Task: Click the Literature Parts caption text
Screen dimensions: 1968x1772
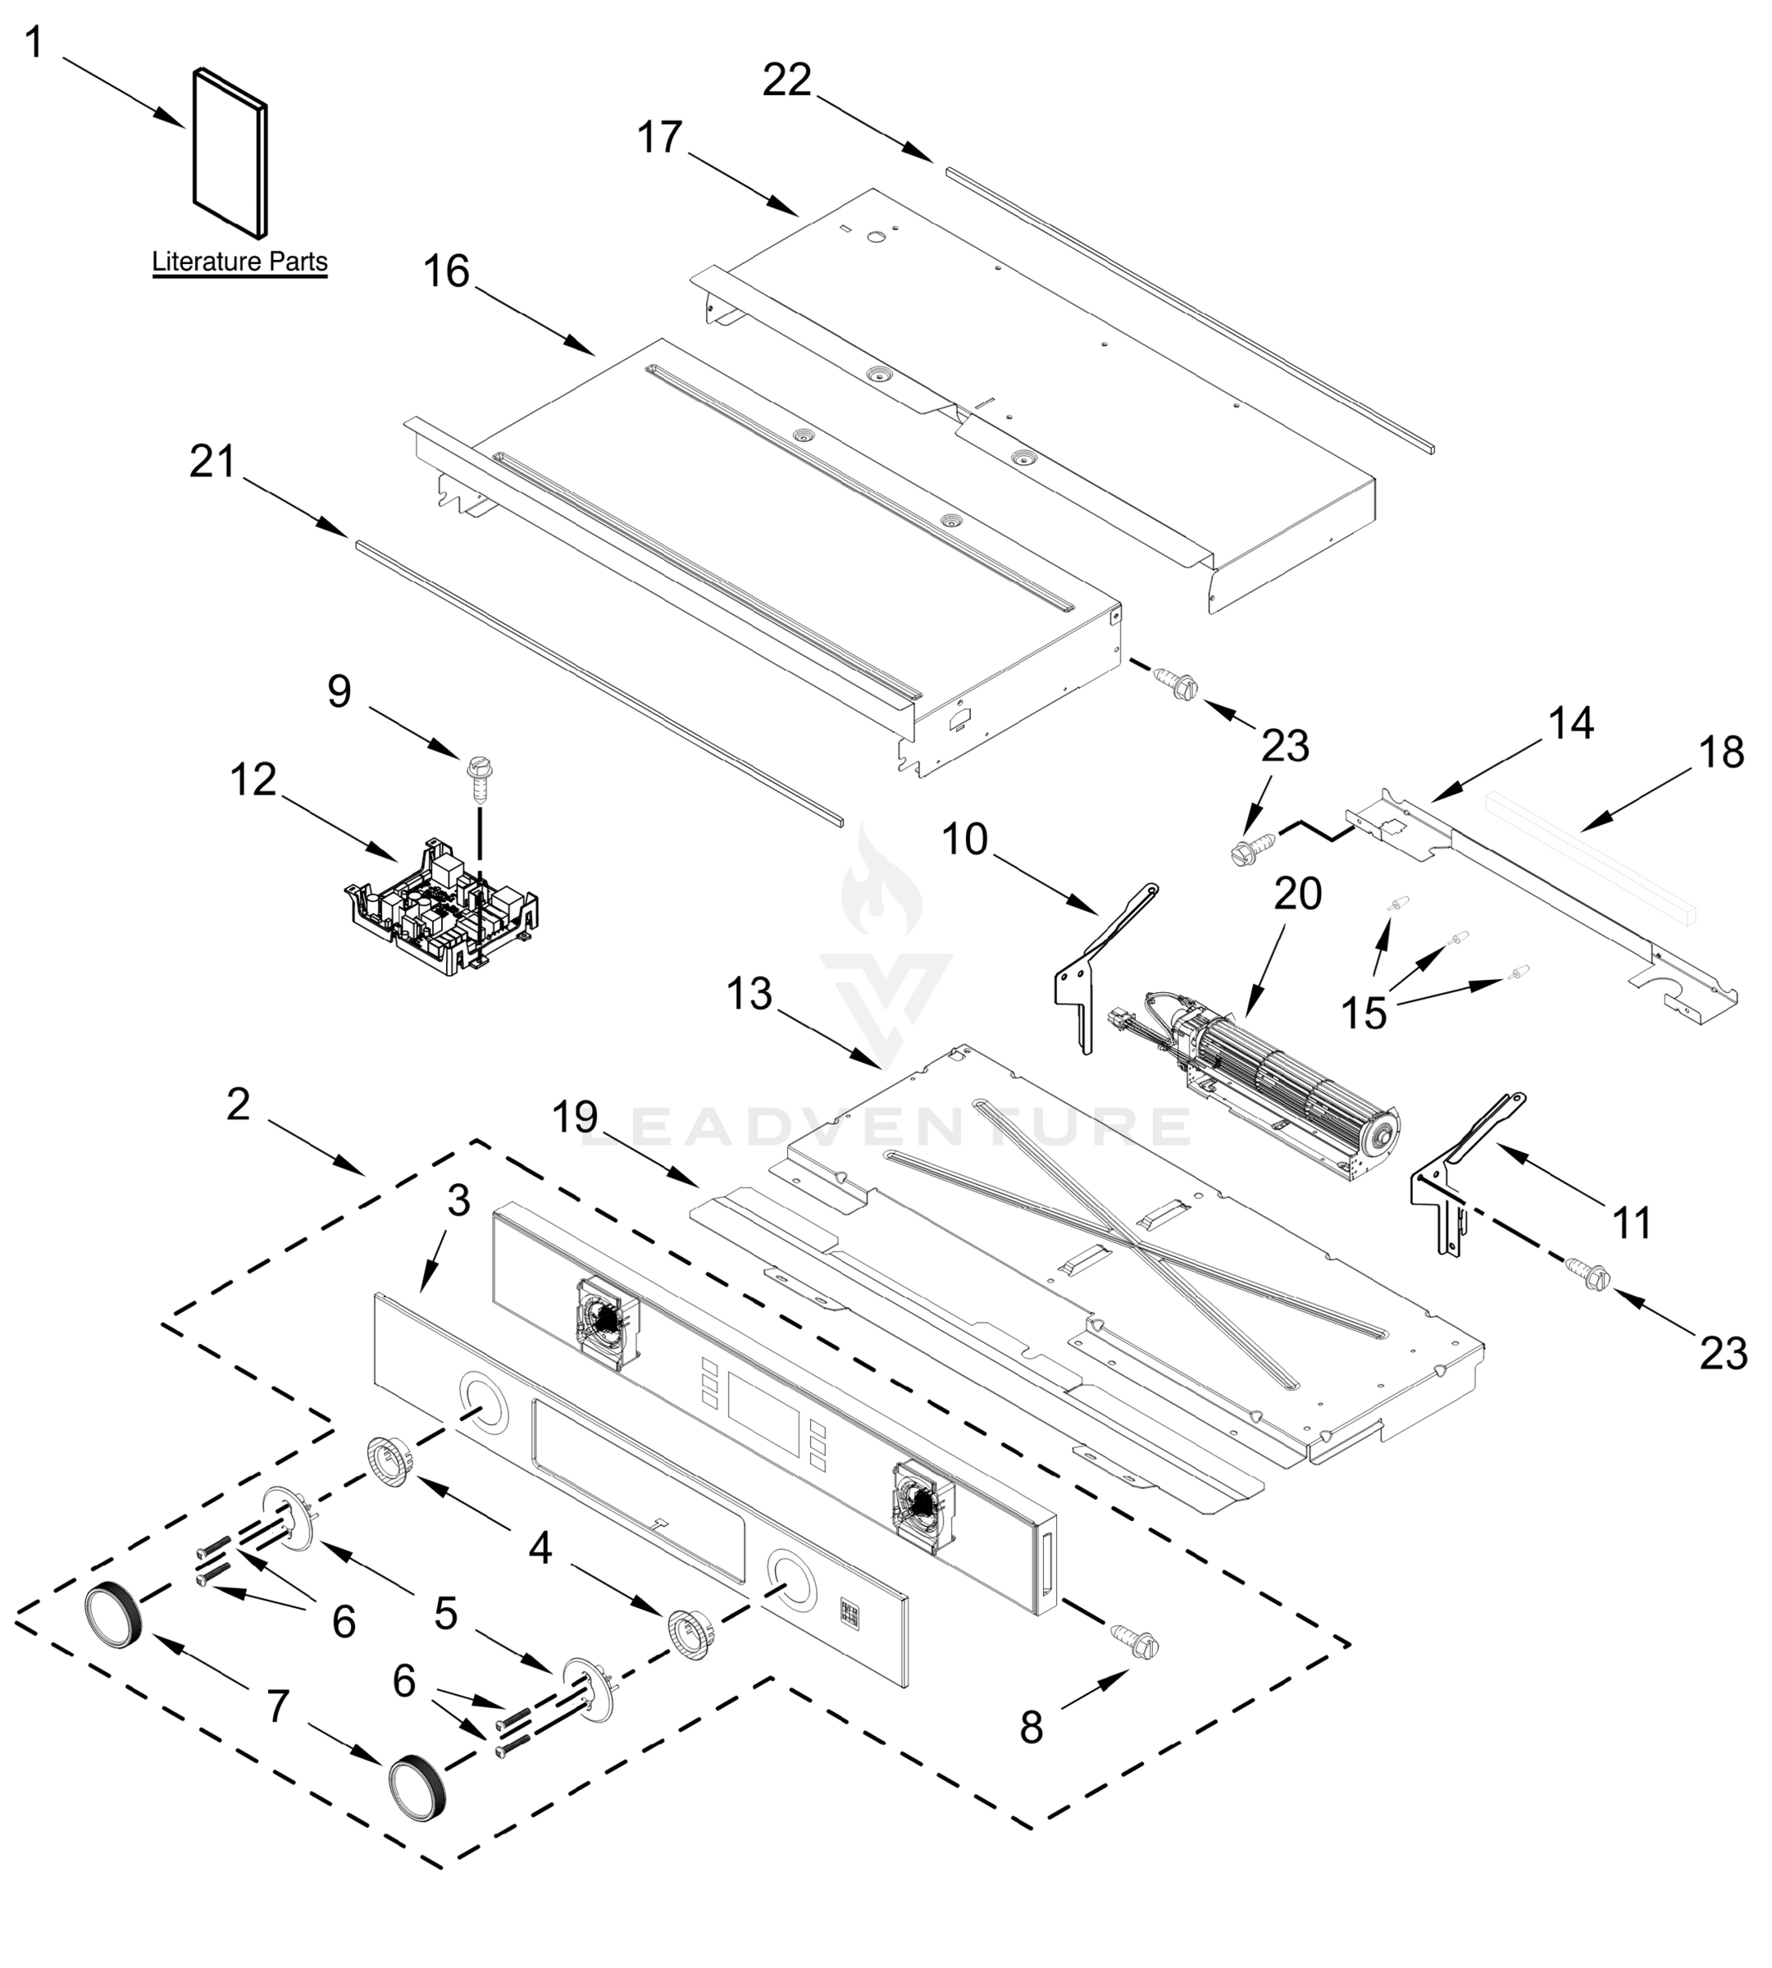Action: pyautogui.click(x=239, y=262)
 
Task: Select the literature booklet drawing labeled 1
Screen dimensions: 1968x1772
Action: pyautogui.click(x=230, y=153)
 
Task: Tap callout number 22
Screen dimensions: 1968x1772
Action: pyautogui.click(x=786, y=80)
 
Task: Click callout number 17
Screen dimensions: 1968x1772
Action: pyautogui.click(x=660, y=139)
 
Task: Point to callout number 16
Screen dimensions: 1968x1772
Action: pyautogui.click(x=447, y=271)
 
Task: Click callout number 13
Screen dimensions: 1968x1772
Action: pyautogui.click(x=749, y=994)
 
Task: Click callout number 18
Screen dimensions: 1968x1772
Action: pyautogui.click(x=1721, y=753)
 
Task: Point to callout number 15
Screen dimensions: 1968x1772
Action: pyautogui.click(x=1364, y=1014)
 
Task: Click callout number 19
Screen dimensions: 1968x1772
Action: pyautogui.click(x=576, y=1118)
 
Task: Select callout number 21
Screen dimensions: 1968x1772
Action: pyautogui.click(x=212, y=462)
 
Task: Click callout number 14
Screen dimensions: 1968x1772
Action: pyautogui.click(x=1570, y=723)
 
